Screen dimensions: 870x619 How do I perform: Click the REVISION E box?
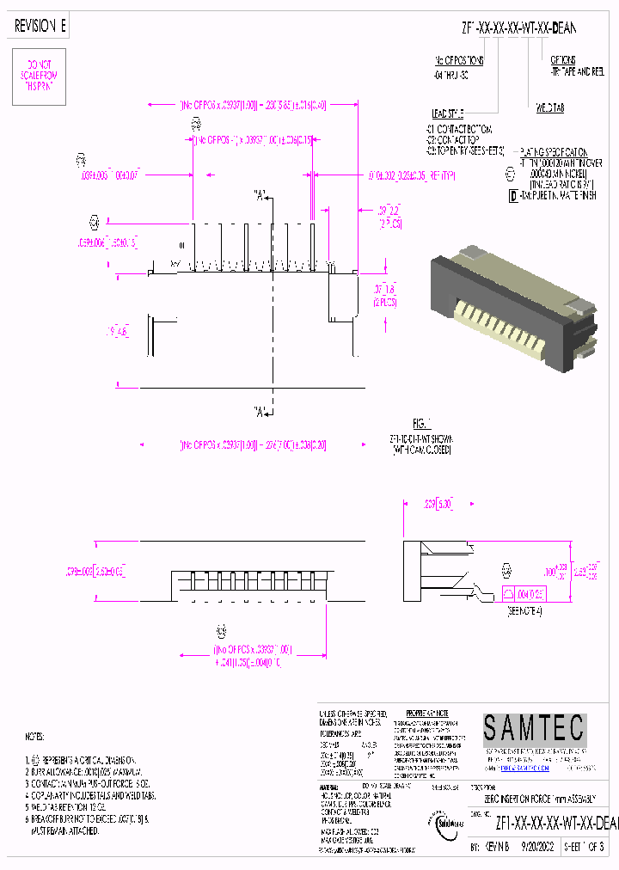(40, 28)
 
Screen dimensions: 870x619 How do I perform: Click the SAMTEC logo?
(533, 730)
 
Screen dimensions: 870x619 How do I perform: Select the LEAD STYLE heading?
(447, 113)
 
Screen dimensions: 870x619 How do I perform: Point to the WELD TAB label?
(549, 107)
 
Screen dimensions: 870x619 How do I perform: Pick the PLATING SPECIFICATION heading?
(554, 150)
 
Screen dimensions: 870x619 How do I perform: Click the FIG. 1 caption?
(420, 424)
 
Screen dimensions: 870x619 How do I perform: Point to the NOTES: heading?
(34, 737)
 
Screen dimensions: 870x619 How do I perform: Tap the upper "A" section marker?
(259, 194)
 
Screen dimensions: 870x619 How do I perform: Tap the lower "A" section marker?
(259, 410)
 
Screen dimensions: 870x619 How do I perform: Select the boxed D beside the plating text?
(513, 195)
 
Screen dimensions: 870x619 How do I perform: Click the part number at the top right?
(519, 28)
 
